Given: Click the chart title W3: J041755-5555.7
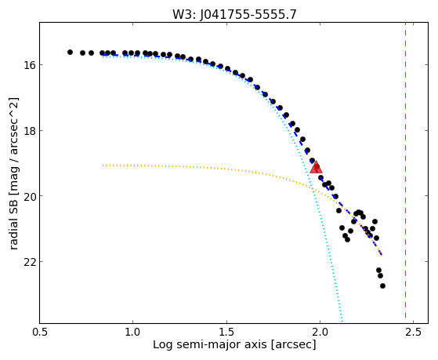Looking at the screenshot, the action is point(234,14).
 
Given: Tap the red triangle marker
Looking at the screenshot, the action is point(317,167).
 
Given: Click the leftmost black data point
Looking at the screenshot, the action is point(70,52).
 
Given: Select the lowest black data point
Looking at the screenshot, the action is point(382,285).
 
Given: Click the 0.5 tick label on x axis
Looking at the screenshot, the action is point(40,332).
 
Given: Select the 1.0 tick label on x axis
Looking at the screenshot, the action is point(133,332).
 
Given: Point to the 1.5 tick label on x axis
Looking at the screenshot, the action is point(226,332).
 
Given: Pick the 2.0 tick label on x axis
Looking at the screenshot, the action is point(320,332).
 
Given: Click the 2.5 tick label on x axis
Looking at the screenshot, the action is point(414,332).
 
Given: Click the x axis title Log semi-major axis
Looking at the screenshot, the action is point(209,344).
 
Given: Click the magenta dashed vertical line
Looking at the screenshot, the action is point(405,173).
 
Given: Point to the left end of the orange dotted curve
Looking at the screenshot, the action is point(103,165).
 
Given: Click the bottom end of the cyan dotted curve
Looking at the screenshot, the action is point(342,321).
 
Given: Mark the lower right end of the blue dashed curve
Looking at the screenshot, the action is point(382,255).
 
